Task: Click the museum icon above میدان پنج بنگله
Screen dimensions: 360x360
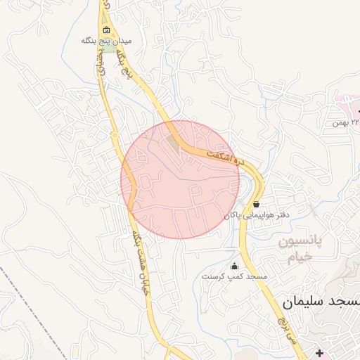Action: point(107,30)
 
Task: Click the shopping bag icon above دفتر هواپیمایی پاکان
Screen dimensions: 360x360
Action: point(255,204)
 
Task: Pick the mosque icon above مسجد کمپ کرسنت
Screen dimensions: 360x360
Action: point(234,266)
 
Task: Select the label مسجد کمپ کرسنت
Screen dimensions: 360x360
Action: point(233,277)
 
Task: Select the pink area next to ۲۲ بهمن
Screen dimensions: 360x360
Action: point(349,105)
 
